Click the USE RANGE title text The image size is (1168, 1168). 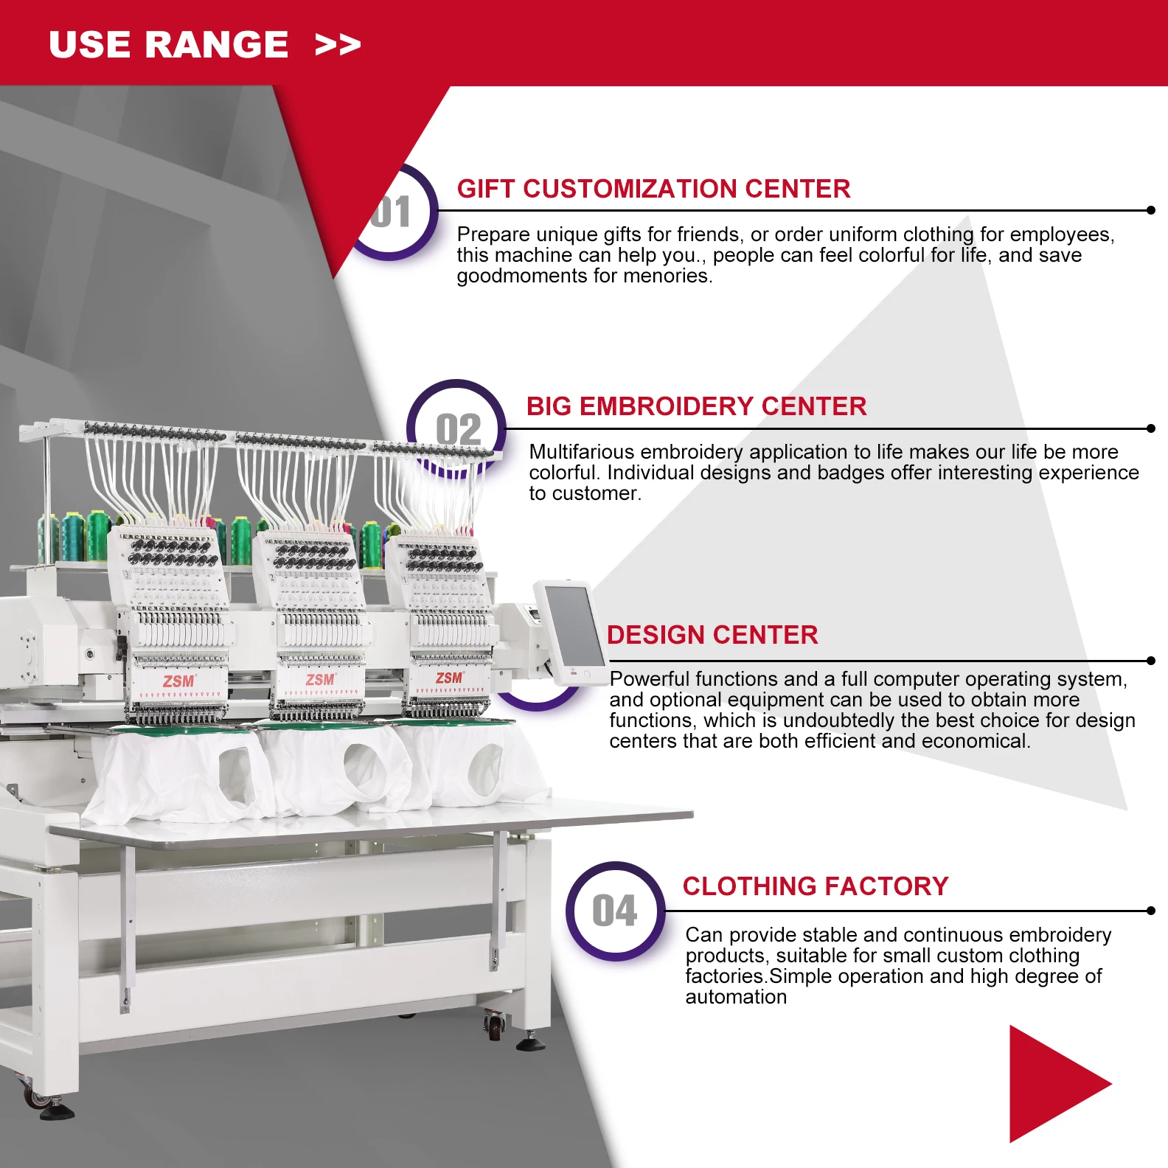[x=168, y=44]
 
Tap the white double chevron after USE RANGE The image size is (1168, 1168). [x=338, y=45]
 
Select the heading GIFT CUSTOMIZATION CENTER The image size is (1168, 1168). [x=653, y=189]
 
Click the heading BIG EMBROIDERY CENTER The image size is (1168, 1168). [x=696, y=406]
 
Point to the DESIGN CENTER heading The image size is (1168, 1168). [x=712, y=635]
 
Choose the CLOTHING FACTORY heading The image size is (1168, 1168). [x=816, y=886]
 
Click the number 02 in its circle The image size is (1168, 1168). [x=458, y=429]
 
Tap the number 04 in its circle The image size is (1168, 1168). [x=615, y=911]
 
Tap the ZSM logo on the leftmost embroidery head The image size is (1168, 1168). [x=178, y=681]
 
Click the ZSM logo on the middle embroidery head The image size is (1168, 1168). [x=321, y=679]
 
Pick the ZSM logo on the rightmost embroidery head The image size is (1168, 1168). [x=449, y=678]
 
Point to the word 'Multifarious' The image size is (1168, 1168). [x=579, y=451]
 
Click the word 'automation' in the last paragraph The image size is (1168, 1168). [x=736, y=997]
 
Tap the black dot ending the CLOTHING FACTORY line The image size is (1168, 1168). [x=1150, y=911]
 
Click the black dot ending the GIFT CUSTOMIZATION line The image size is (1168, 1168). [x=1150, y=210]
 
